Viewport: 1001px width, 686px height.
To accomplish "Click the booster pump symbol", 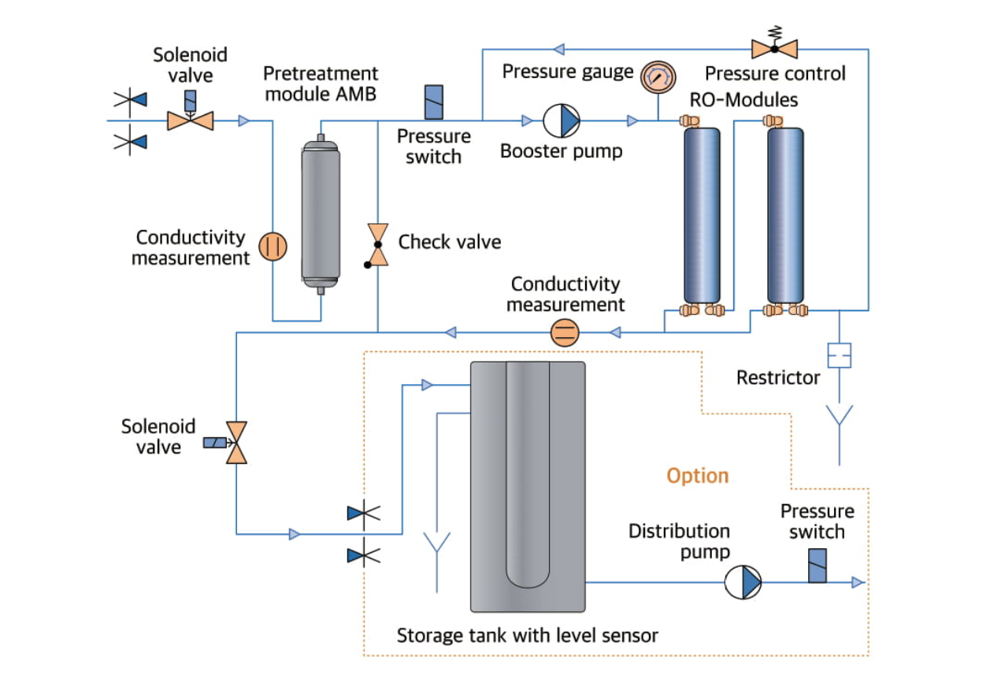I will coord(562,121).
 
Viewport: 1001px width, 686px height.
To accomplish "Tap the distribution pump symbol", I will coord(743,582).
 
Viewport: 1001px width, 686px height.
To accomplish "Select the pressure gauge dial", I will coord(658,76).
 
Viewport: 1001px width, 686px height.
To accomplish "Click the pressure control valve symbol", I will coord(774,48).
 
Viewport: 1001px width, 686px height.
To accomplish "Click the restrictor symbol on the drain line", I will coord(840,355).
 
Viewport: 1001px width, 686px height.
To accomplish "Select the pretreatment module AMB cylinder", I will coord(321,213).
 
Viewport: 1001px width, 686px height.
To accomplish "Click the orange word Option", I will coord(698,476).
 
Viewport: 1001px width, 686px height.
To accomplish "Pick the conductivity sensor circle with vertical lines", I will coord(273,246).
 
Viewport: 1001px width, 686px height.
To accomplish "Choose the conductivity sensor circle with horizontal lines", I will coord(564,332).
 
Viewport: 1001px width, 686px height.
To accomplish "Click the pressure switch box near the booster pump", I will coord(433,102).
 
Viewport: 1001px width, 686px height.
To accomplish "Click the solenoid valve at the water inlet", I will coord(191,120).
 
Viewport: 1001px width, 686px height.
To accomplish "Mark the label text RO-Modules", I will coord(743,100).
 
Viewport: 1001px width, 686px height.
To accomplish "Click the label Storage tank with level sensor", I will coord(527,635).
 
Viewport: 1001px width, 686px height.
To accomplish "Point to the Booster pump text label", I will coord(561,150).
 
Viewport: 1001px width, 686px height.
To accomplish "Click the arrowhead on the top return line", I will coord(559,50).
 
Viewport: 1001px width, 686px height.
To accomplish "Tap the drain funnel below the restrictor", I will coord(840,417).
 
